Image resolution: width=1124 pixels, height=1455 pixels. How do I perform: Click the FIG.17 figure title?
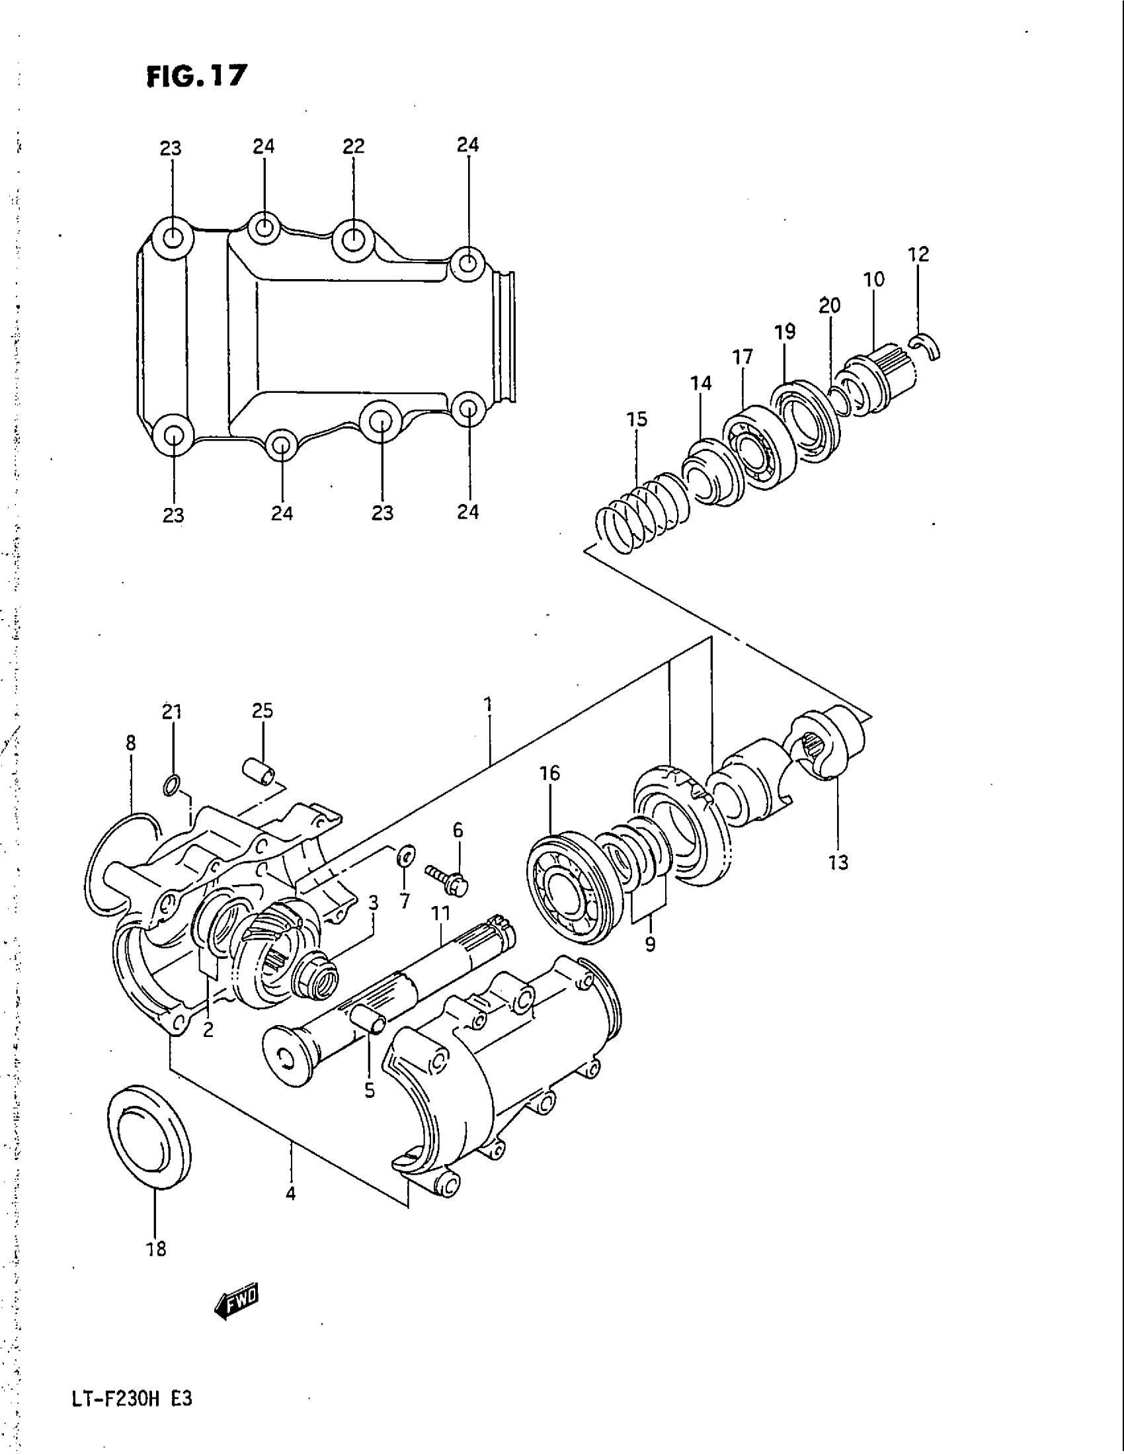(197, 75)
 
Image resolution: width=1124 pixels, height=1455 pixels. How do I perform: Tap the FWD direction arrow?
(236, 1300)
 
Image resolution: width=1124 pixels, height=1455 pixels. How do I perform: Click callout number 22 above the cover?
(354, 147)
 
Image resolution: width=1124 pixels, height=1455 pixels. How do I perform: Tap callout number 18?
(156, 1249)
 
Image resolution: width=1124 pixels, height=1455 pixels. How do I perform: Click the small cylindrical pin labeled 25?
(261, 772)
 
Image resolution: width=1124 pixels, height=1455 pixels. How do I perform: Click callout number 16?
(550, 774)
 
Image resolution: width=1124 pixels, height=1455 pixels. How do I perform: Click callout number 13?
(838, 862)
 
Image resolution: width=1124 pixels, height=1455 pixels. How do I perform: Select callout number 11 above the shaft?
(440, 913)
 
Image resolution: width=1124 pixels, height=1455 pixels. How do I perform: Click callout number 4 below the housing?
(290, 1194)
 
